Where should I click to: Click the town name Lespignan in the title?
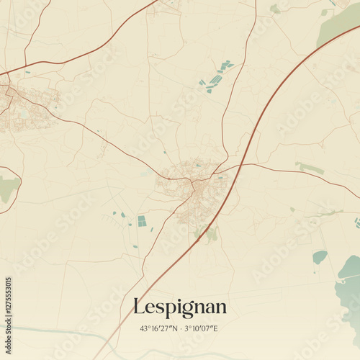pyautogui.click(x=180, y=307)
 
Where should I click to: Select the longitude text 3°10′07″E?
pyautogui.click(x=201, y=329)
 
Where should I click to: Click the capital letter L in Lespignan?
pyautogui.click(x=139, y=307)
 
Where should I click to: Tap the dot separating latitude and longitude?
pyautogui.click(x=180, y=329)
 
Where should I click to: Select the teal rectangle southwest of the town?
pyautogui.click(x=142, y=221)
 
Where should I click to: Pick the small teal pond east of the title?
pyautogui.click(x=320, y=256)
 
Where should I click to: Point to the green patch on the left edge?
pyautogui.click(x=8, y=189)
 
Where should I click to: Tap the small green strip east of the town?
pyautogui.click(x=310, y=168)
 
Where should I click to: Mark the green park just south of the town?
pyautogui.click(x=210, y=233)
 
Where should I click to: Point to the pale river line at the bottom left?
pyautogui.click(x=43, y=331)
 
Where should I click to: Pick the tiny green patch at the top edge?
pyautogui.click(x=274, y=9)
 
